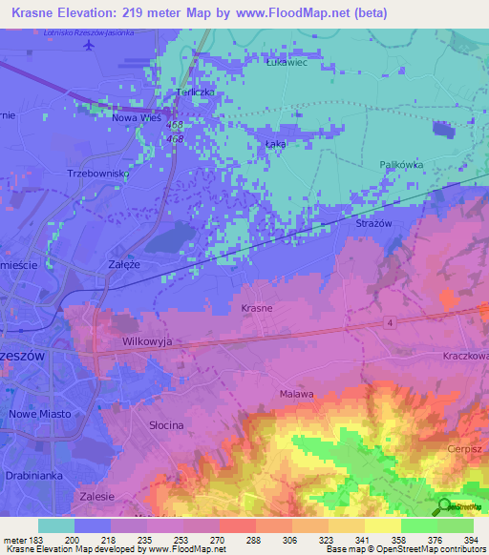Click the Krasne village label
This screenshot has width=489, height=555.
257,309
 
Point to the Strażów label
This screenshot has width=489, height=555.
373,222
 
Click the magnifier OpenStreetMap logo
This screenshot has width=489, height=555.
444,507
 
